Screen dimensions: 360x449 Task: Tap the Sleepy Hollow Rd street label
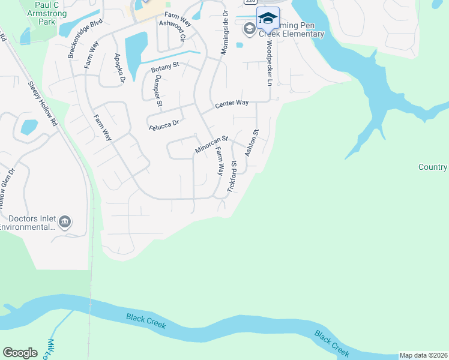[45, 103]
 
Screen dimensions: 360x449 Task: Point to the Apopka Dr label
[119, 68]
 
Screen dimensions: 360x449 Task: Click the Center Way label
[232, 104]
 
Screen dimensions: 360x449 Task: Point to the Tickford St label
[232, 176]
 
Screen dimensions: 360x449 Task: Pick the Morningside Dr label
[224, 33]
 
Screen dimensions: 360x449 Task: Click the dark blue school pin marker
[268, 19]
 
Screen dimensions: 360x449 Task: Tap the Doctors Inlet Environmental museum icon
[65, 223]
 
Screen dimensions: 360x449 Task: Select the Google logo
[20, 353]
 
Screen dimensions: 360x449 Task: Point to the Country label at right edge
[433, 167]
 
